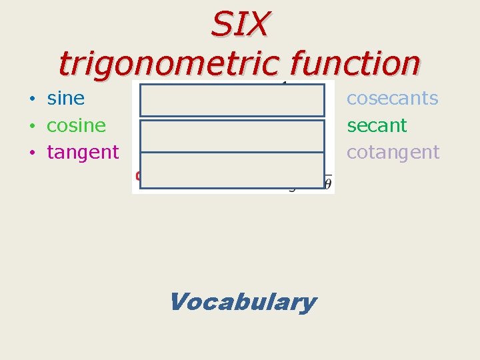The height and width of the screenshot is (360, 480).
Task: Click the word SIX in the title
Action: pyautogui.click(x=240, y=25)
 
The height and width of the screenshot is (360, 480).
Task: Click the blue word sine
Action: pyautogui.click(x=65, y=99)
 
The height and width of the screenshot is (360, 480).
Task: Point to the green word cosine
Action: pyautogui.click(x=76, y=125)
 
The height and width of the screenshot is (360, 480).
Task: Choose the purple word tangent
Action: pyautogui.click(x=83, y=152)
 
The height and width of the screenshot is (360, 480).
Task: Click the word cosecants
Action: pyautogui.click(x=392, y=99)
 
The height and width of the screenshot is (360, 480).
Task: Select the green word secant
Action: pyautogui.click(x=377, y=125)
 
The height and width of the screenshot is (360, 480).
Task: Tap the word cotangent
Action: pyautogui.click(x=393, y=152)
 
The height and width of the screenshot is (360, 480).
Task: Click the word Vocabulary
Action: pyautogui.click(x=243, y=302)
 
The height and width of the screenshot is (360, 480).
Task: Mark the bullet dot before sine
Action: pyautogui.click(x=32, y=100)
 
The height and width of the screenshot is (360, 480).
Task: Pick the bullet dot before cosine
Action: pyautogui.click(x=32, y=127)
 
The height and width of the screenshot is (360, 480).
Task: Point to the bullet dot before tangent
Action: pyautogui.click(x=32, y=153)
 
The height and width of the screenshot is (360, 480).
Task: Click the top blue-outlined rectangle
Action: pyautogui.click(x=232, y=101)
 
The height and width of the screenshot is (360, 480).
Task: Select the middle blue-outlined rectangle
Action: pyautogui.click(x=232, y=135)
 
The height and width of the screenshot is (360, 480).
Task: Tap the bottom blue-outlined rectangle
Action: pyautogui.click(x=232, y=171)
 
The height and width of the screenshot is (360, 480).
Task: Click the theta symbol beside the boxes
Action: pyautogui.click(x=327, y=183)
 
